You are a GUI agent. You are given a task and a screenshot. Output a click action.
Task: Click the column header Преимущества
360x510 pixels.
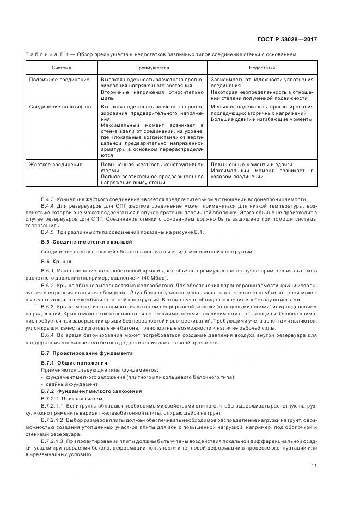[152, 68]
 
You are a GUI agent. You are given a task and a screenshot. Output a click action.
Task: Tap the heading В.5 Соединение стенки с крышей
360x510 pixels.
[87, 241]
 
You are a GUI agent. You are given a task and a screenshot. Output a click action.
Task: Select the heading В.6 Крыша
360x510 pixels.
[57, 262]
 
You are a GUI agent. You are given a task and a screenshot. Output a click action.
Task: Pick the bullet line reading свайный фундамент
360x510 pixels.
[69, 384]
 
